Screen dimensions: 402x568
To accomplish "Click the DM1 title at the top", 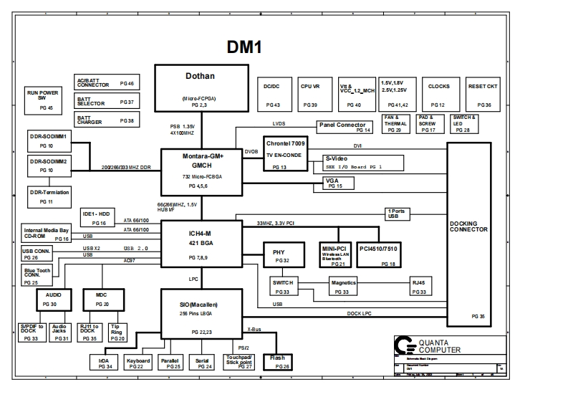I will (244, 47).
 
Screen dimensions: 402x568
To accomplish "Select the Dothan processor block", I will (200, 87).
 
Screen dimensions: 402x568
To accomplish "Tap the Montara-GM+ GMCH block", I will (201, 171).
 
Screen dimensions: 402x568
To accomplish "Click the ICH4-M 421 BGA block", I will (201, 244).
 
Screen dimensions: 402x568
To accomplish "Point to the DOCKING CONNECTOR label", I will (468, 226).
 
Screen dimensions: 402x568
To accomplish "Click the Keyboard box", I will (138, 363).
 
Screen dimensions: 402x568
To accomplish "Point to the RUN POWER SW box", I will (43, 99).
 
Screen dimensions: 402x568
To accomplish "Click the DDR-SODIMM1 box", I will (49, 140).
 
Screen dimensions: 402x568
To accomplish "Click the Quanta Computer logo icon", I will (407, 345).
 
